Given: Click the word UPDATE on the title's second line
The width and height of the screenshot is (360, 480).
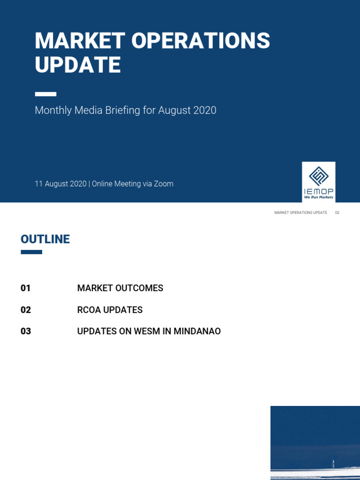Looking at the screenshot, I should [78, 65].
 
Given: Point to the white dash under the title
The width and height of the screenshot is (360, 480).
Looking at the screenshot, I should [45, 94].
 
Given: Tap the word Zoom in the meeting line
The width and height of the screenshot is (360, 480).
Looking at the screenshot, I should [164, 184].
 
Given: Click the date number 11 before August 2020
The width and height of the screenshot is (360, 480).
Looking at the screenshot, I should [38, 184].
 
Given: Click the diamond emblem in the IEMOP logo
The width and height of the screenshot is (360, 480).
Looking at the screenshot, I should [319, 176].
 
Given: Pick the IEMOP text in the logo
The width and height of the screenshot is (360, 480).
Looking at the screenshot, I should [319, 191].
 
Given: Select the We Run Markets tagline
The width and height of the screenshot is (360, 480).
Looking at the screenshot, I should [319, 197].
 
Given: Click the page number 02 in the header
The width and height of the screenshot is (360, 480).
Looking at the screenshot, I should [337, 213].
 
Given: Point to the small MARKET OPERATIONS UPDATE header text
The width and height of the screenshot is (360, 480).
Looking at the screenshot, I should [300, 213].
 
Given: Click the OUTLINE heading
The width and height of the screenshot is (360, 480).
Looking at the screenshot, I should [45, 239].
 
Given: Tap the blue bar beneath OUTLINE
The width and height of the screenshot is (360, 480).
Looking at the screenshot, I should [31, 252].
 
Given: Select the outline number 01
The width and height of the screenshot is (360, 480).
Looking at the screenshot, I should [26, 288].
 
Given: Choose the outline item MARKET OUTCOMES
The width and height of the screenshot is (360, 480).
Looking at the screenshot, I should [120, 288].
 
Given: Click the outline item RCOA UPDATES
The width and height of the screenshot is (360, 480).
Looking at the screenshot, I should [110, 310].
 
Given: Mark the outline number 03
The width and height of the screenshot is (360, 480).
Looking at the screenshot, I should [26, 331].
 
